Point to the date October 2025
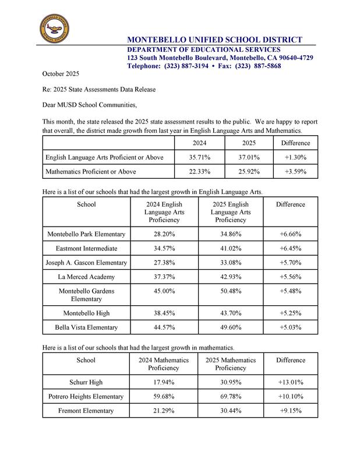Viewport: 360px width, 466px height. coord(60,74)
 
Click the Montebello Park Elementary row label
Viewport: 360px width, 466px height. coord(86,234)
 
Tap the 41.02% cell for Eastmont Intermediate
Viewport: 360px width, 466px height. coord(231,248)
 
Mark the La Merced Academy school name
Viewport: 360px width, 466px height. coord(86,277)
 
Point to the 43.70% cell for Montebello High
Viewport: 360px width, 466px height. coord(231,313)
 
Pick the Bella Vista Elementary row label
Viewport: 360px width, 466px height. coord(86,327)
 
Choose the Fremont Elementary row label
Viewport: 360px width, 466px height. coord(86,411)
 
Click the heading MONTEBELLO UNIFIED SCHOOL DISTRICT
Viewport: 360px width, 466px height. coord(215,40)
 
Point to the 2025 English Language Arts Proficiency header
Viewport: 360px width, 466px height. coord(231,213)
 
